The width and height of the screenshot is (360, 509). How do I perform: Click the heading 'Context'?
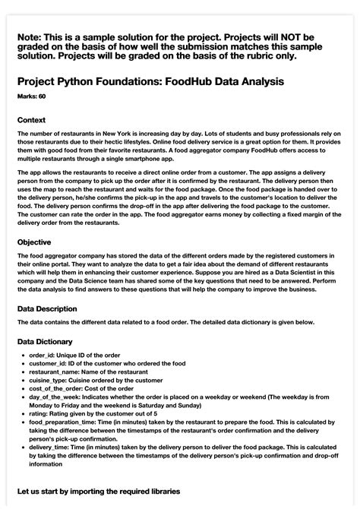click(x=31, y=120)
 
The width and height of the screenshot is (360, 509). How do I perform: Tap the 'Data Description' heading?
click(x=47, y=309)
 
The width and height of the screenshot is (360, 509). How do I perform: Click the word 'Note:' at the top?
click(x=32, y=36)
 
